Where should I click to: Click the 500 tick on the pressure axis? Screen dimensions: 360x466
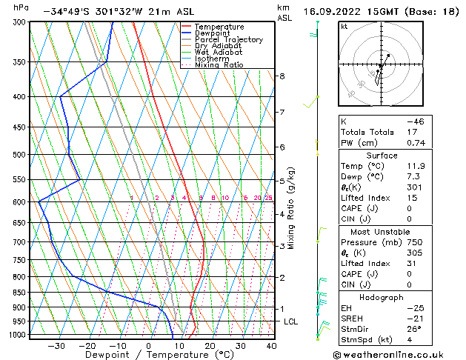click(19, 155)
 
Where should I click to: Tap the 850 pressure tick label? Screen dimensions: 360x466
click(19, 293)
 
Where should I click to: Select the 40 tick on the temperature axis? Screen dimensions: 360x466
click(271, 346)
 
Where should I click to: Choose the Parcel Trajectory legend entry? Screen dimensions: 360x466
click(228, 40)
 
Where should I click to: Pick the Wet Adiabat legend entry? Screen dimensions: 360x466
click(218, 53)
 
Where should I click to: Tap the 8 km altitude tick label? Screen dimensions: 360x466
click(282, 76)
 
